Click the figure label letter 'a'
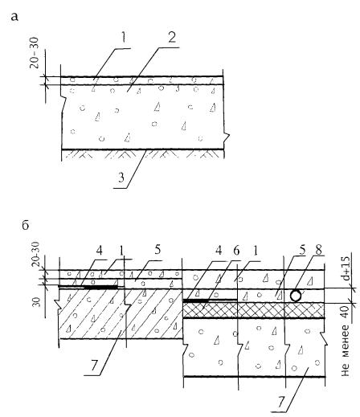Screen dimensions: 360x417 tap(15, 18)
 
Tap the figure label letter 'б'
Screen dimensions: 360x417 tap(26, 226)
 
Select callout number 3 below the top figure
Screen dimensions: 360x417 tap(121, 178)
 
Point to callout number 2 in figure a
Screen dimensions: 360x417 tap(172, 38)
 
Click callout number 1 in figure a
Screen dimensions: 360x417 tap(123, 38)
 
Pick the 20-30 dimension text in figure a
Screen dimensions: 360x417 tap(35, 53)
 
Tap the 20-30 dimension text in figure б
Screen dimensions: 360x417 tap(35, 254)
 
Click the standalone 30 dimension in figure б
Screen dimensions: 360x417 tap(38, 302)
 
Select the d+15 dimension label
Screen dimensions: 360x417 tap(346, 269)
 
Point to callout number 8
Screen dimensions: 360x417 tap(319, 251)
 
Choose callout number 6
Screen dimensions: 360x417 tap(236, 251)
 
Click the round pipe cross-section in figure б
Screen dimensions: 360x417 tap(296, 296)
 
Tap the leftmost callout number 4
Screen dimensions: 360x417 tap(100, 251)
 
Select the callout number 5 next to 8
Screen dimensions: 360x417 tap(302, 251)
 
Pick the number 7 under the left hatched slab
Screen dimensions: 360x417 tap(93, 366)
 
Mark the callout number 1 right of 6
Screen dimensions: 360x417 tap(256, 251)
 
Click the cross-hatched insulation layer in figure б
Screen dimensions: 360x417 tap(254, 310)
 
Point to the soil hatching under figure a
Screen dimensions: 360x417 tap(143, 154)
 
